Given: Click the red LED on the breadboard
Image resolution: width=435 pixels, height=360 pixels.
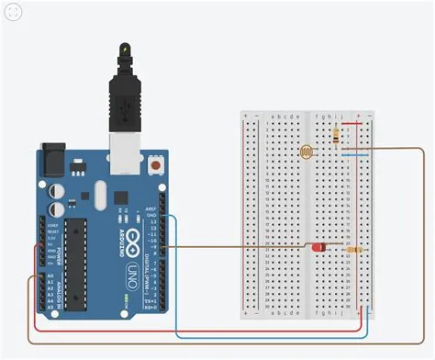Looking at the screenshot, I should point(318,248).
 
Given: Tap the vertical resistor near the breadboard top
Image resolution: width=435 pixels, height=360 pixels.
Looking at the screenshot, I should point(337,136).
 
